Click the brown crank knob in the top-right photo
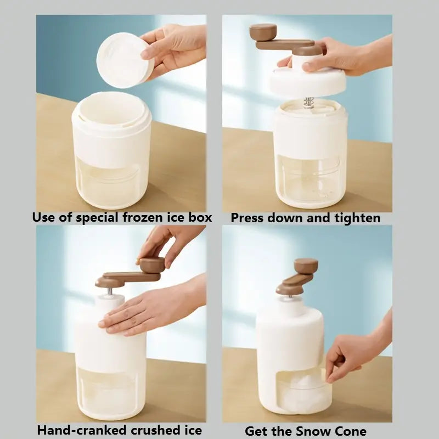tap(263, 31)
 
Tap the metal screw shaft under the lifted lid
tap(309, 103)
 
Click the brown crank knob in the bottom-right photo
tap(306, 266)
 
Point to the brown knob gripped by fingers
tap(152, 265)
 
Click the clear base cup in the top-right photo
tap(310, 181)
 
